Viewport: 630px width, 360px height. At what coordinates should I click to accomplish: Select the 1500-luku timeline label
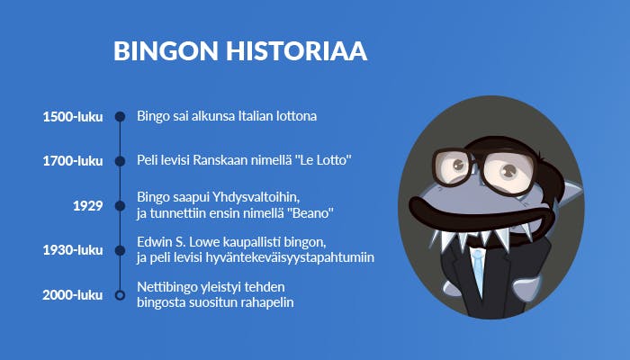(x=73, y=117)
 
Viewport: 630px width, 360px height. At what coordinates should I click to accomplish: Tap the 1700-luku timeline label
(x=73, y=161)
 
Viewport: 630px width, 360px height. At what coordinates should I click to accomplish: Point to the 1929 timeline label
(x=88, y=206)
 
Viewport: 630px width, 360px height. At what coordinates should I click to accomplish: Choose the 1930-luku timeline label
(x=73, y=250)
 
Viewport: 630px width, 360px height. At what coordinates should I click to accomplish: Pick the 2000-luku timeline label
(x=73, y=294)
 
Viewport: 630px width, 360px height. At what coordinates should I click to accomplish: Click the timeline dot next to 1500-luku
(x=120, y=117)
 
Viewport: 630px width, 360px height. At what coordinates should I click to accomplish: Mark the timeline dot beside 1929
(x=120, y=206)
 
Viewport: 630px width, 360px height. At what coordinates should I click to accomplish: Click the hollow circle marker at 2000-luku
(x=120, y=294)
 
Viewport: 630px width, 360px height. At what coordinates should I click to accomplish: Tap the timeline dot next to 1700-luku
(x=120, y=161)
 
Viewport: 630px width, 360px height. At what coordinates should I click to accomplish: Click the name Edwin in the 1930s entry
(x=154, y=242)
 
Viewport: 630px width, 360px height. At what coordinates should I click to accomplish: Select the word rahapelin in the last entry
(x=267, y=301)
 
